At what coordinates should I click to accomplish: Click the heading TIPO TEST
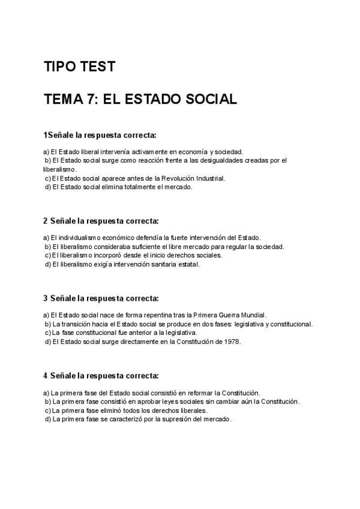(79, 67)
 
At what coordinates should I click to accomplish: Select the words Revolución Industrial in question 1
(196, 178)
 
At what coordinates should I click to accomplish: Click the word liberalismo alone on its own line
(60, 169)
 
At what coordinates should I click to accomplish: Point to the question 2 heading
(101, 221)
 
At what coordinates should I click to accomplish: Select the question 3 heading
(101, 298)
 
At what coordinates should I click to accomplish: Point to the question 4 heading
(101, 376)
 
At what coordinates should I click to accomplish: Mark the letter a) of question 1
(46, 152)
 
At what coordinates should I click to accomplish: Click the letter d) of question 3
(47, 342)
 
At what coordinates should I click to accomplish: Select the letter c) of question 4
(47, 411)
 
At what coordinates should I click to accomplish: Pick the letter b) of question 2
(47, 246)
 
